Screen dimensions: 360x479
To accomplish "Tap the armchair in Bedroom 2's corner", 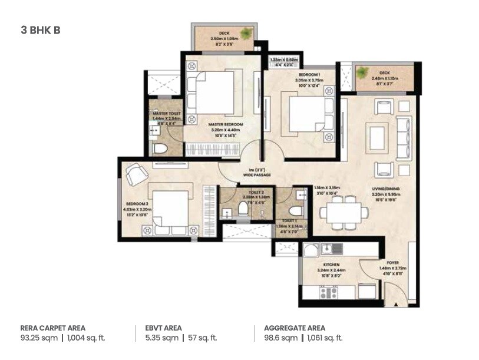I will pyautogui.click(x=137, y=174).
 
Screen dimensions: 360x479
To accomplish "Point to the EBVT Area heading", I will pyautogui.click(x=163, y=328).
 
